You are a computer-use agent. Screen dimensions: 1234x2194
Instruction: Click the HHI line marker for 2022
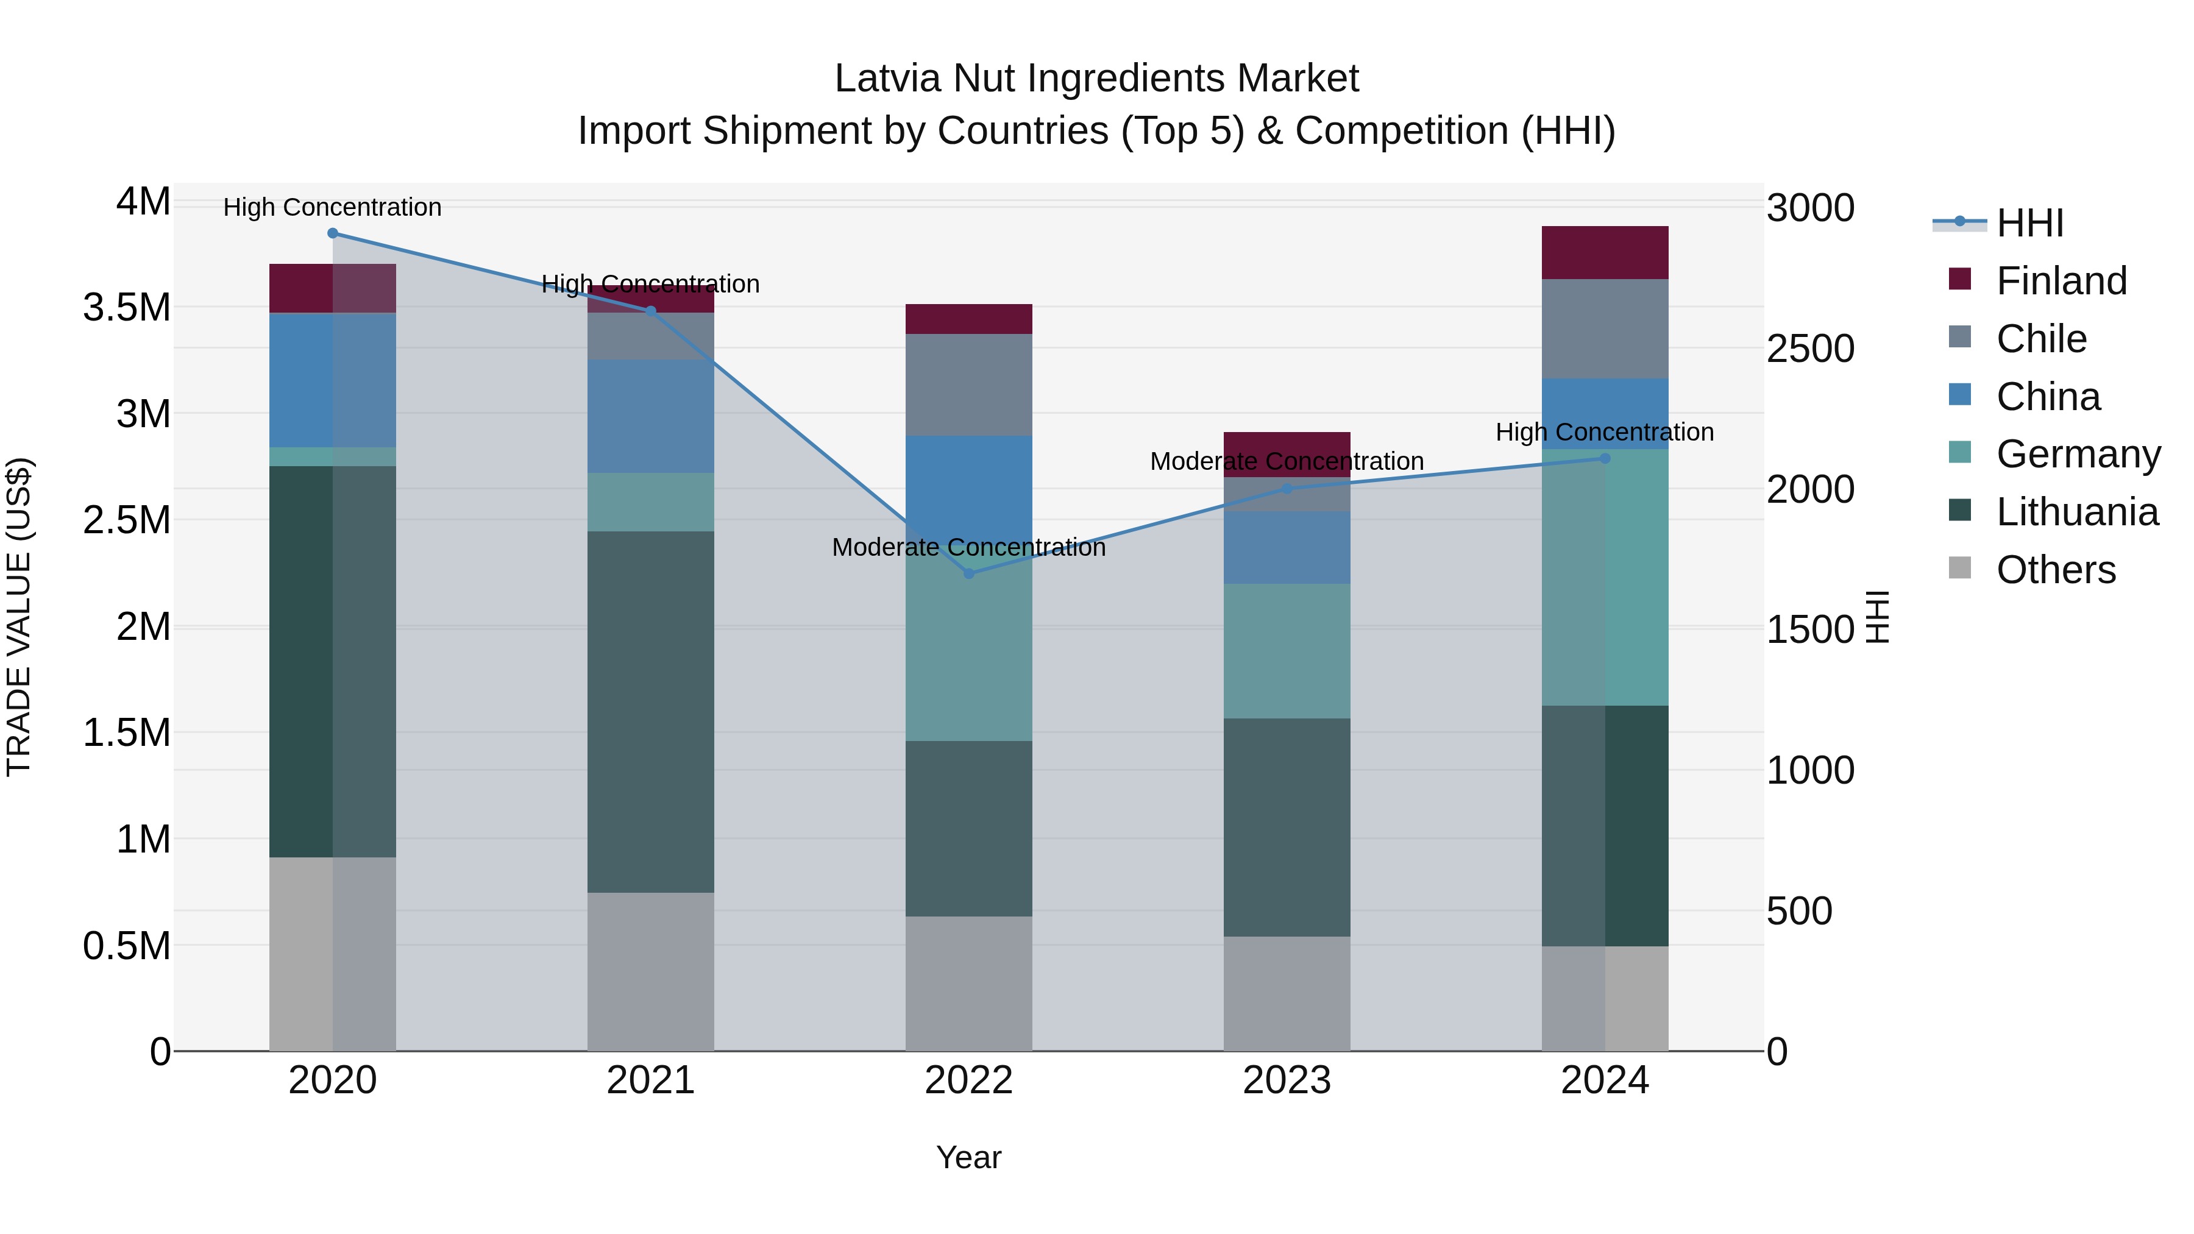tap(968, 573)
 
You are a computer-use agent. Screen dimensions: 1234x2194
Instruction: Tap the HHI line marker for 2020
tap(333, 233)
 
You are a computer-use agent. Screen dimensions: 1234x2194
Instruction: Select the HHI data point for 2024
tap(1605, 458)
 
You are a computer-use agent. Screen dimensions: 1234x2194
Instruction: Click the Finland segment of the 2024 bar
tap(1605, 253)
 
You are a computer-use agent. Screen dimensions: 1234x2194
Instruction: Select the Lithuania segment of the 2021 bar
tap(651, 712)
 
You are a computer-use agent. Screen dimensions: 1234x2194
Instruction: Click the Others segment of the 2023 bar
tap(1287, 993)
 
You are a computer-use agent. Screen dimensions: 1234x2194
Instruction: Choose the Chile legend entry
tap(2040, 339)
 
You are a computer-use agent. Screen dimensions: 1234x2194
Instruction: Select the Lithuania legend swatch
tap(1960, 511)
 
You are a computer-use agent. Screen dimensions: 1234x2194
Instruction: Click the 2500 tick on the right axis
tap(1810, 349)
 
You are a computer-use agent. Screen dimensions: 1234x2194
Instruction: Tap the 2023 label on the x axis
tap(1287, 1080)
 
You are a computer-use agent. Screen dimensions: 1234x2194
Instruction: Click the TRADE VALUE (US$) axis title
tap(19, 617)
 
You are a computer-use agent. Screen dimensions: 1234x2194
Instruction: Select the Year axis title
tap(968, 1157)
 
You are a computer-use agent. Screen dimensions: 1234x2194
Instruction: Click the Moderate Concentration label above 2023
tap(1287, 461)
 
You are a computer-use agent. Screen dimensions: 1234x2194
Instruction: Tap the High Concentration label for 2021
tap(651, 285)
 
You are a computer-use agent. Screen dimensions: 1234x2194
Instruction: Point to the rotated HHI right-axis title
tap(1877, 617)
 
